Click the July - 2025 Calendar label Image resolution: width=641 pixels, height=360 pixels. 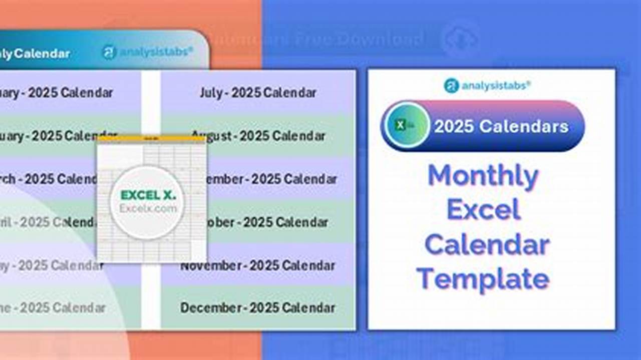[x=258, y=93]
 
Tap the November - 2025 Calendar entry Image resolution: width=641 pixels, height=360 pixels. [x=258, y=265]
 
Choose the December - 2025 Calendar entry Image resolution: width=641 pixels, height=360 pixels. [x=258, y=307]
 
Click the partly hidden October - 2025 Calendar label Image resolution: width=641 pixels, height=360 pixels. [x=268, y=222]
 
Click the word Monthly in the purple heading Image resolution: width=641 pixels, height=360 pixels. [x=483, y=176]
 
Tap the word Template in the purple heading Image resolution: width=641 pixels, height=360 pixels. [x=483, y=278]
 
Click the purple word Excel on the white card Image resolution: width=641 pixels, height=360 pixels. [x=483, y=210]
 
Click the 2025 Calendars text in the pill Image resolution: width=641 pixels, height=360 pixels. [x=501, y=126]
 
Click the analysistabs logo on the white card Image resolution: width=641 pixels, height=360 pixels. [x=487, y=85]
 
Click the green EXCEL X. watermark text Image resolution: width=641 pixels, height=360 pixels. [x=148, y=195]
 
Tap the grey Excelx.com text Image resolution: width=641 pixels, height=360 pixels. [x=148, y=208]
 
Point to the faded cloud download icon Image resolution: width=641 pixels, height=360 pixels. [x=460, y=39]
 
